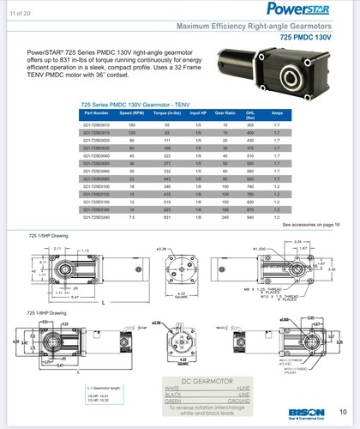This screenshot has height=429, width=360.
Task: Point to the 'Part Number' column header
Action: click(96, 136)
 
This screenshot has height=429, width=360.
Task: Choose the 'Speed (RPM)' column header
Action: click(131, 136)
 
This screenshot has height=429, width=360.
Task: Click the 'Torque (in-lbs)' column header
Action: click(166, 136)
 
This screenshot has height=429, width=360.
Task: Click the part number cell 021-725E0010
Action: click(96, 149)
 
